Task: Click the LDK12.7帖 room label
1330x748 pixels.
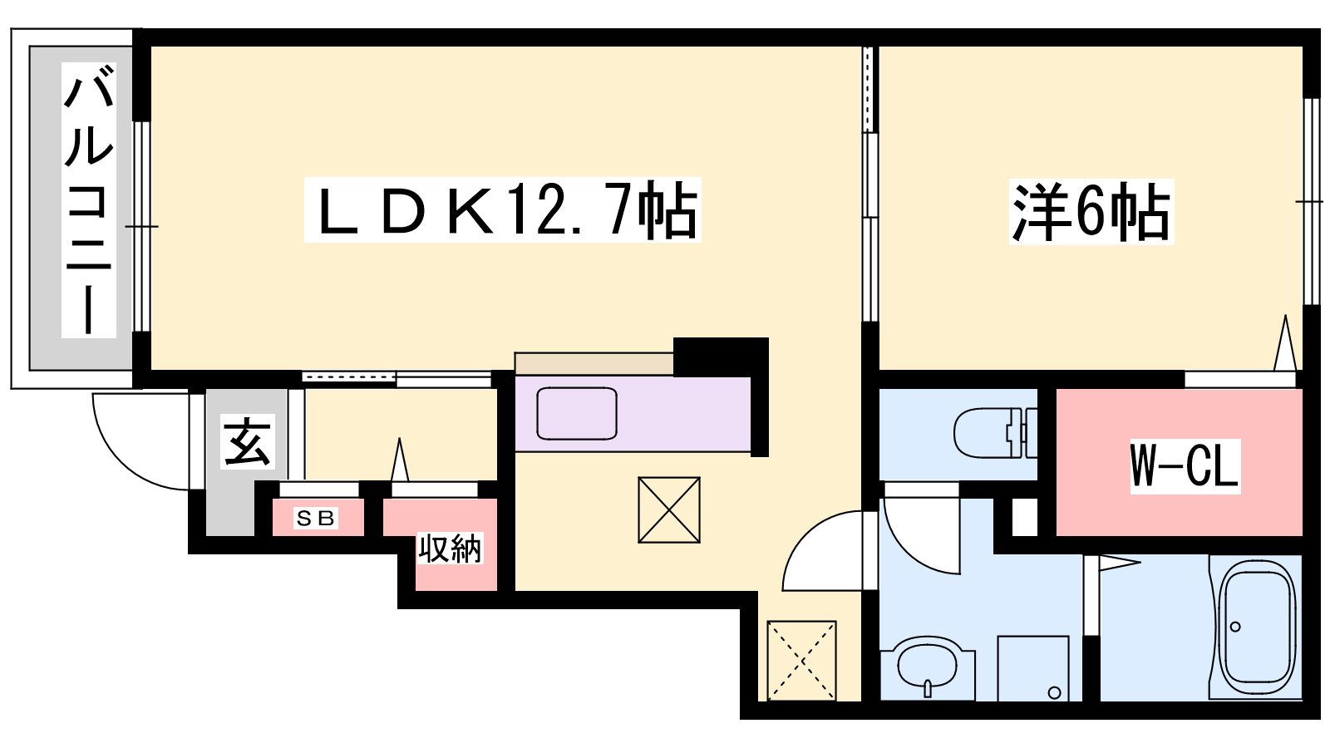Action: coord(503,209)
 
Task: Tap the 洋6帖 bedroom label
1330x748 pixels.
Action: coord(1091,211)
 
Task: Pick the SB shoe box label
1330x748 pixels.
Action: coord(316,519)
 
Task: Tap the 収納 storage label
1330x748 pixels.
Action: coord(450,549)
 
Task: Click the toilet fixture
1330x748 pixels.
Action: coord(993,432)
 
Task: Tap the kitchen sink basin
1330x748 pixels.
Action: coord(577,413)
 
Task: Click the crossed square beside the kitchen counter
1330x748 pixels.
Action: coord(669,509)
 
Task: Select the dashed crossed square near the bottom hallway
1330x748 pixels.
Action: coord(801,659)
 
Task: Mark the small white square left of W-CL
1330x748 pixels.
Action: coord(1025,517)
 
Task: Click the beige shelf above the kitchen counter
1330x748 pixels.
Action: coord(594,364)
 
